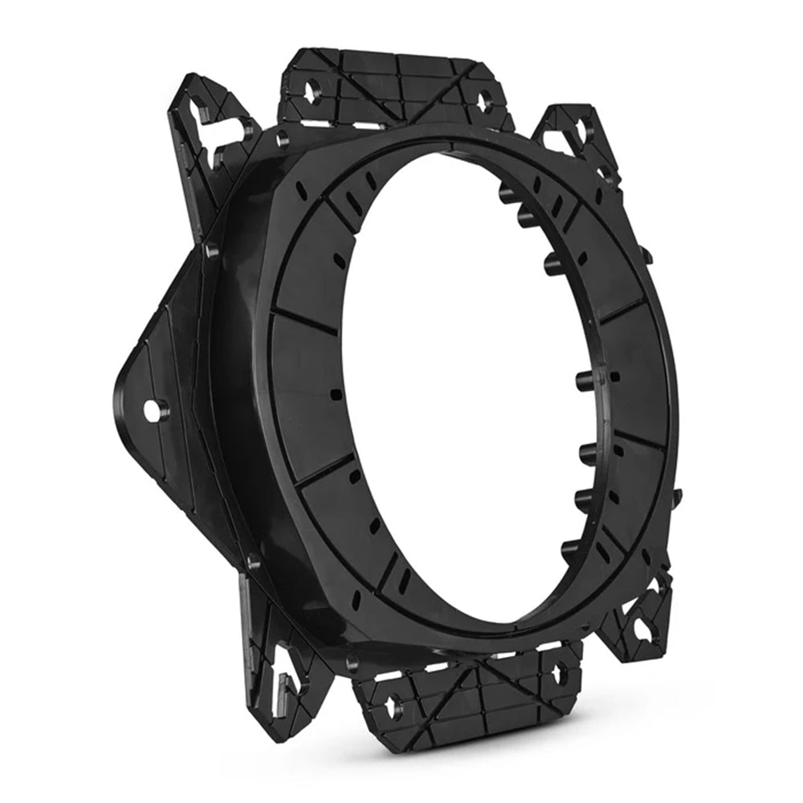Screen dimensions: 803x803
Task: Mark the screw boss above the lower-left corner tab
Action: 251,562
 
